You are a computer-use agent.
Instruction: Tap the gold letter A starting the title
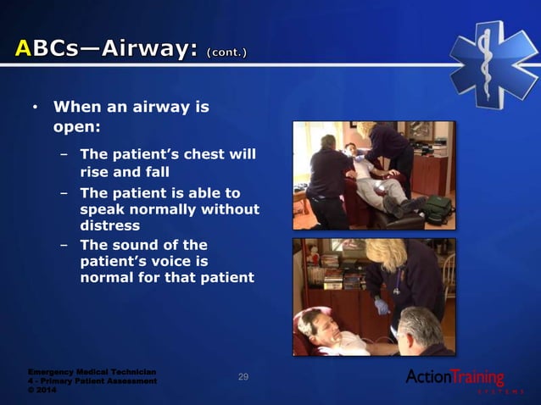coord(25,50)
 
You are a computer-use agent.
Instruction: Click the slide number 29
coord(243,376)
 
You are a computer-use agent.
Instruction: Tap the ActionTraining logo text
coord(455,376)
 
